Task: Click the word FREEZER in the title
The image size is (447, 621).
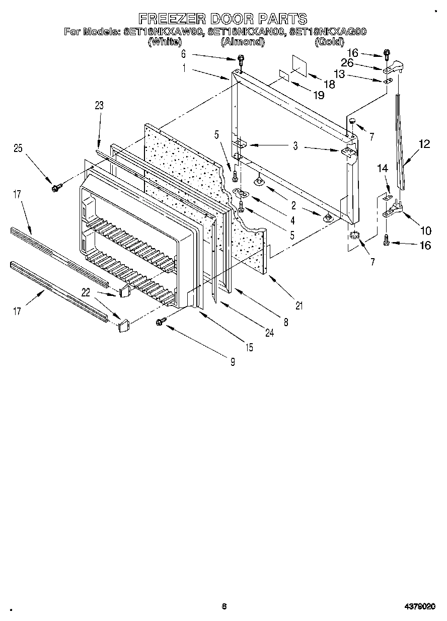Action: (172, 19)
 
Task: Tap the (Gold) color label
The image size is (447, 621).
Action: (329, 42)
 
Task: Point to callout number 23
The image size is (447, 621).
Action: (99, 106)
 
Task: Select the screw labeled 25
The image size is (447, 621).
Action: (55, 187)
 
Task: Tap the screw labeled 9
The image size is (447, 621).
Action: (161, 321)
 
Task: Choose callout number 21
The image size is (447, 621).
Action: (298, 305)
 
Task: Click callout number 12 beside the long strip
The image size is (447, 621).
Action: (424, 144)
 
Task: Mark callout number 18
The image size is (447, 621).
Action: (329, 85)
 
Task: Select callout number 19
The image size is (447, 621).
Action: (319, 96)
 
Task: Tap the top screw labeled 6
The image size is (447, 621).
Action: (241, 59)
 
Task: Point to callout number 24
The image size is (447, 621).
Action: (269, 333)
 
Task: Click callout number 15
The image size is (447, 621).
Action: (249, 347)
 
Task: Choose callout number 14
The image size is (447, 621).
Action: (383, 170)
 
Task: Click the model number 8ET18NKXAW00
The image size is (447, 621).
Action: (163, 32)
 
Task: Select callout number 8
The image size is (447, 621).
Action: (285, 323)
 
